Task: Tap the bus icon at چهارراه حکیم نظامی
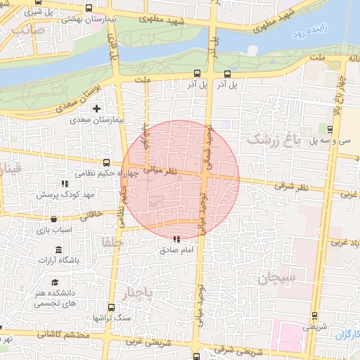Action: coord(107,162)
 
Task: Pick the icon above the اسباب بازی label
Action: coord(53,219)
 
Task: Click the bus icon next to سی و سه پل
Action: coord(330,129)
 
